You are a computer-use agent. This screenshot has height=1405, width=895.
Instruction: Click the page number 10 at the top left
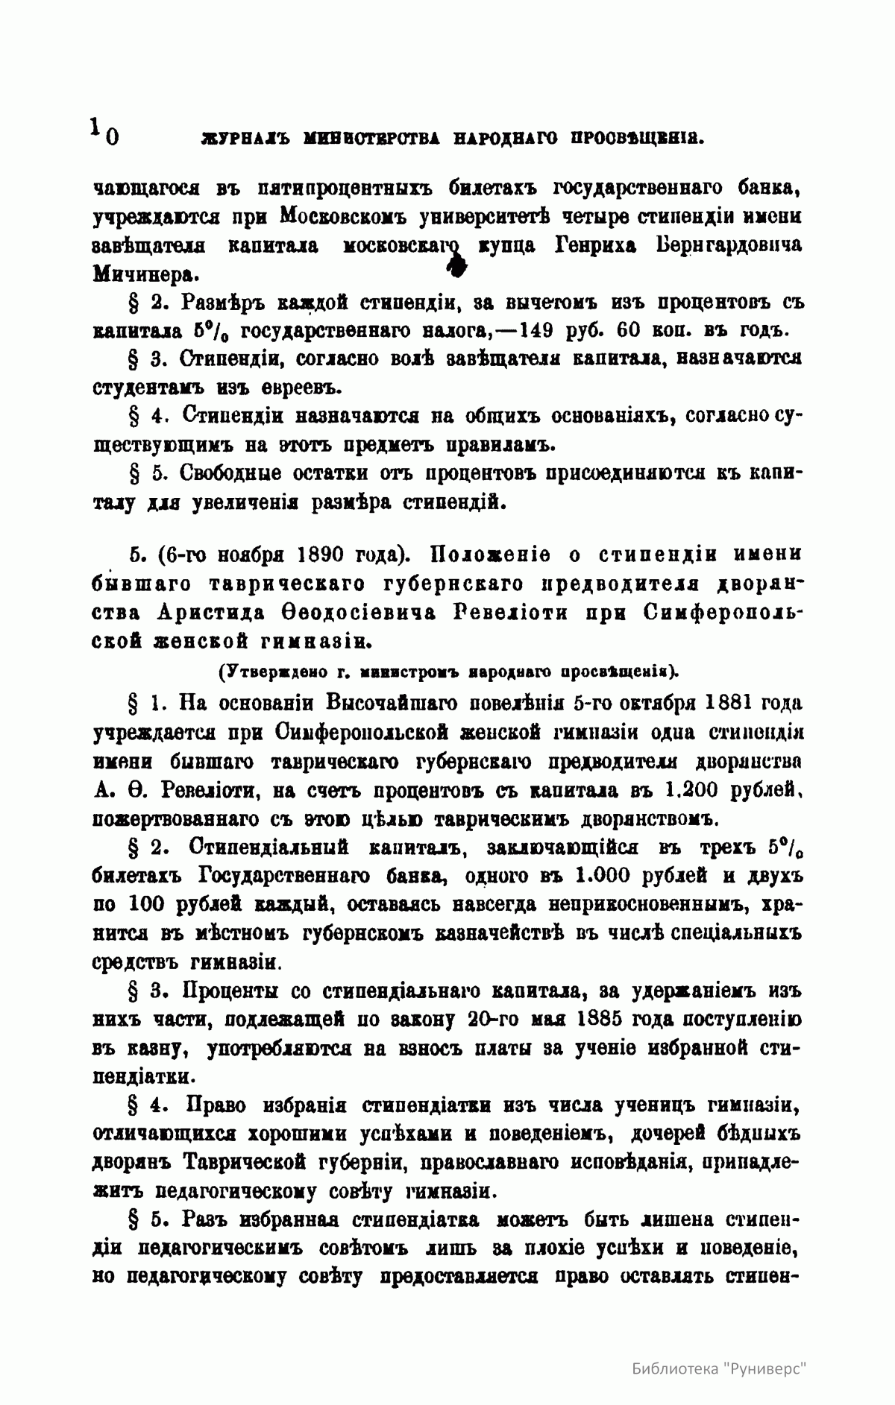click(104, 131)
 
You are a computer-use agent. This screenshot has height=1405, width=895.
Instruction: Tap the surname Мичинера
click(145, 274)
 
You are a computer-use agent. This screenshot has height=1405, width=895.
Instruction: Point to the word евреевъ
click(301, 388)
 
